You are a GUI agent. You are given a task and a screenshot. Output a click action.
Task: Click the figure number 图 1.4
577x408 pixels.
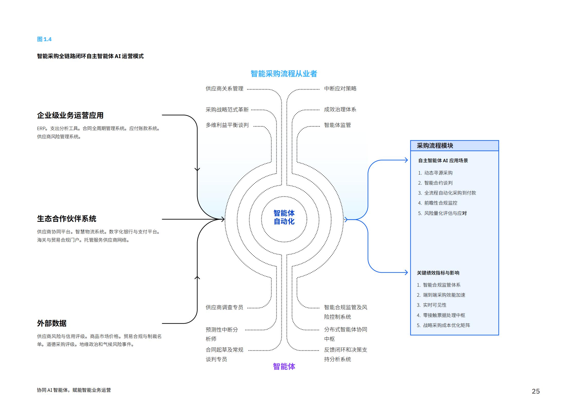[x=44, y=39]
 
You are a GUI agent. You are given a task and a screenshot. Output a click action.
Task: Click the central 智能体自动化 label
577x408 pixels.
[x=284, y=217]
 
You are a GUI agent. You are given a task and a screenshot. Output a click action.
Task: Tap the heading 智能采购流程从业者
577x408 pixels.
[x=284, y=74]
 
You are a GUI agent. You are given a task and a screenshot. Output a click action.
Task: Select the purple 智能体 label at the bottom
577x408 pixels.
[x=284, y=366]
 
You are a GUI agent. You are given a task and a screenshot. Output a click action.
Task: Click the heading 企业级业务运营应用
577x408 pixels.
[x=70, y=115]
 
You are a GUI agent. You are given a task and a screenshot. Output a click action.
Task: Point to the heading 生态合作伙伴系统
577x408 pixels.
[x=67, y=219]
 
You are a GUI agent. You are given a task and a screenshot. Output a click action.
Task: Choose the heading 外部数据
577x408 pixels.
[x=52, y=323]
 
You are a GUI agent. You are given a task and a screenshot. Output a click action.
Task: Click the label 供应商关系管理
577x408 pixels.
[x=224, y=89]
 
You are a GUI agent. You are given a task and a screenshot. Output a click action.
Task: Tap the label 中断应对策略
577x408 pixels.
[x=340, y=89]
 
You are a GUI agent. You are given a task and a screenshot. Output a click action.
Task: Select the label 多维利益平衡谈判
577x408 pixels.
[x=227, y=125]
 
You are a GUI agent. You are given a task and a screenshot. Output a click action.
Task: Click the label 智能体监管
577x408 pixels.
[x=337, y=125]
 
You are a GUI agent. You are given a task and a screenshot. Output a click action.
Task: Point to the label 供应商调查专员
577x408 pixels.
[x=224, y=307]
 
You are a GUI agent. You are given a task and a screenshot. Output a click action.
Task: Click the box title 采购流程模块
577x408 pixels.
[x=435, y=146]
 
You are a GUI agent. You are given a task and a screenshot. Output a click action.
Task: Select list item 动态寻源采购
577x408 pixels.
[x=438, y=173]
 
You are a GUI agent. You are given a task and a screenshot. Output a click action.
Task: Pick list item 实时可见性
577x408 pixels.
[x=434, y=305]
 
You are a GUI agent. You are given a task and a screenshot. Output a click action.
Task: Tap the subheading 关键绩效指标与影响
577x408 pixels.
[x=438, y=273]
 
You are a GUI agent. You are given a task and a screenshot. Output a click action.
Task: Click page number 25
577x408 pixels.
[x=536, y=391]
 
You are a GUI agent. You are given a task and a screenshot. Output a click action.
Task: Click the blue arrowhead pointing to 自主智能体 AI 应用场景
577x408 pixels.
[x=406, y=160]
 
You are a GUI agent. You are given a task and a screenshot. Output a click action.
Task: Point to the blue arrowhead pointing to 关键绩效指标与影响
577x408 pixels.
[x=406, y=272]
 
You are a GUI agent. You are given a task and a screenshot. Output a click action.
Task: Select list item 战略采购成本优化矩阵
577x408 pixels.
[x=446, y=325]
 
